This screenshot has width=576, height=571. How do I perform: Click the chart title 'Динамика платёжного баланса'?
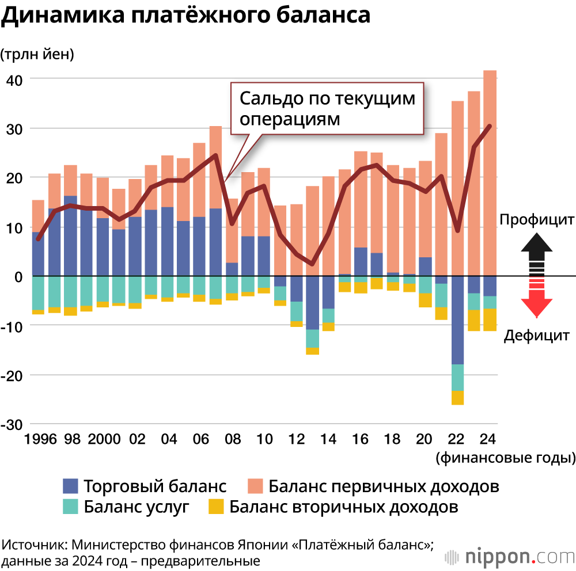coord(185,16)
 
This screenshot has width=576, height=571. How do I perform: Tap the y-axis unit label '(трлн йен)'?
coord(37,55)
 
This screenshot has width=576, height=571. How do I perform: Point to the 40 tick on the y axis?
coord(14,79)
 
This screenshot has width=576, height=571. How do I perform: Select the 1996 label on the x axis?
coord(40,440)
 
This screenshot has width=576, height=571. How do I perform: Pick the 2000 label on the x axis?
coord(104,440)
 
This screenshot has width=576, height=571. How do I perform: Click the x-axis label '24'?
coord(488,440)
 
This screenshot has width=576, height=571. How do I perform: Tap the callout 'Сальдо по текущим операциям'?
coord(327,108)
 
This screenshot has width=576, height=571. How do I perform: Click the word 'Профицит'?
coord(536,220)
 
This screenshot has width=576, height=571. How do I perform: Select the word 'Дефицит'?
coord(537,336)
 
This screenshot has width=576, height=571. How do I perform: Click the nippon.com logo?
coord(510,557)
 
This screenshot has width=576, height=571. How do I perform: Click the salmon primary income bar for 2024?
coord(490,173)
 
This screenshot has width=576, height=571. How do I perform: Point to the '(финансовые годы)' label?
coord(506,458)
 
